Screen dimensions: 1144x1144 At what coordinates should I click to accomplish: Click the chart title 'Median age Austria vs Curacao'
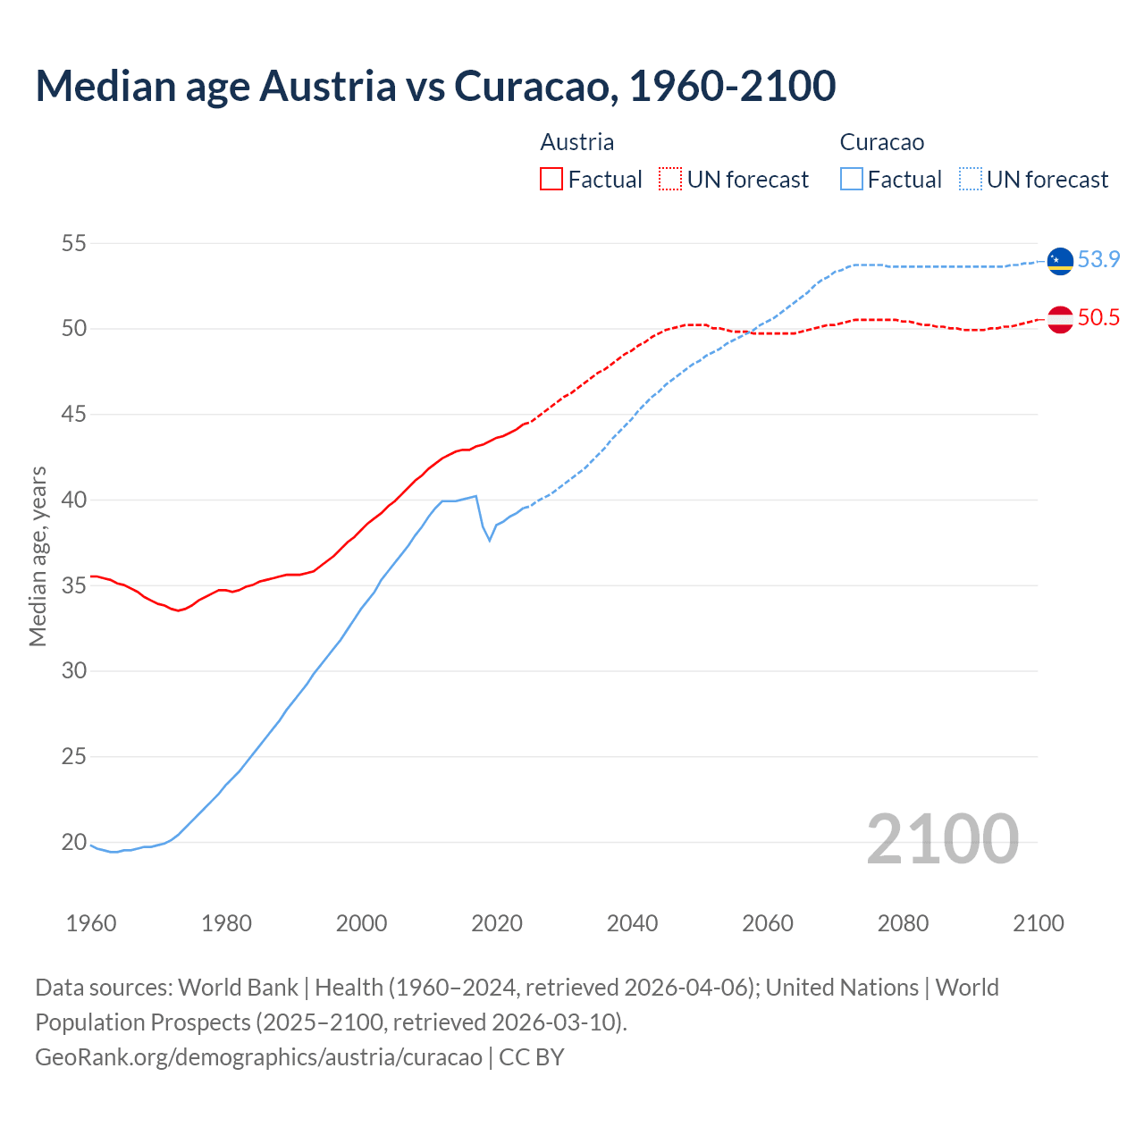pos(435,86)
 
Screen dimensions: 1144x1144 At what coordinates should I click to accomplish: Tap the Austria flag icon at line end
pos(1060,319)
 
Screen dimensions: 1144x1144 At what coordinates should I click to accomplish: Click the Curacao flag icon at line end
pos(1060,261)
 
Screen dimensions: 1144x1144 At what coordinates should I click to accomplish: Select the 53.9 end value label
pos(1098,259)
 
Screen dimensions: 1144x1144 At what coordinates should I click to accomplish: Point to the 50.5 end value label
pos(1098,318)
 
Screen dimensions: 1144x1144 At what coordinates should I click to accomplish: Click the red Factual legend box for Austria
pos(551,180)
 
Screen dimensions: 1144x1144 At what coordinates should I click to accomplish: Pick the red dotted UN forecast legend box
pos(670,180)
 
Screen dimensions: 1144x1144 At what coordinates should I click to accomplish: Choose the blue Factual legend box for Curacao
pos(852,180)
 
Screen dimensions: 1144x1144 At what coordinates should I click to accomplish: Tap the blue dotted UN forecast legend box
pos(971,180)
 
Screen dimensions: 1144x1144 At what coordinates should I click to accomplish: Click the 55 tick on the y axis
pos(74,243)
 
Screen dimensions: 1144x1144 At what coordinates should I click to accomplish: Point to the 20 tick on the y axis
pos(74,842)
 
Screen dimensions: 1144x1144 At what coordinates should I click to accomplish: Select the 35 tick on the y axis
pos(74,585)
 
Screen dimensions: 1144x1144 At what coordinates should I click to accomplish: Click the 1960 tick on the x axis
pos(91,923)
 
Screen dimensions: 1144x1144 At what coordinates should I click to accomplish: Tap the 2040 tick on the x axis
pos(632,923)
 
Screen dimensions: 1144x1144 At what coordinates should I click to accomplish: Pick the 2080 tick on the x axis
pos(903,923)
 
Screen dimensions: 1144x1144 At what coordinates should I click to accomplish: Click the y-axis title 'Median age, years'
pos(38,556)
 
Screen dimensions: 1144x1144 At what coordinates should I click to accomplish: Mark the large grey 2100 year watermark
pos(942,838)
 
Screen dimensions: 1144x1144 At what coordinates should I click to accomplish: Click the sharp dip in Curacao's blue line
pos(489,539)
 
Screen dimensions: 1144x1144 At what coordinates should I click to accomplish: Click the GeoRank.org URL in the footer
pos(258,1056)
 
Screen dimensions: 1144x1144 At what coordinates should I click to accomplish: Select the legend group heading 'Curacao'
pos(881,142)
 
